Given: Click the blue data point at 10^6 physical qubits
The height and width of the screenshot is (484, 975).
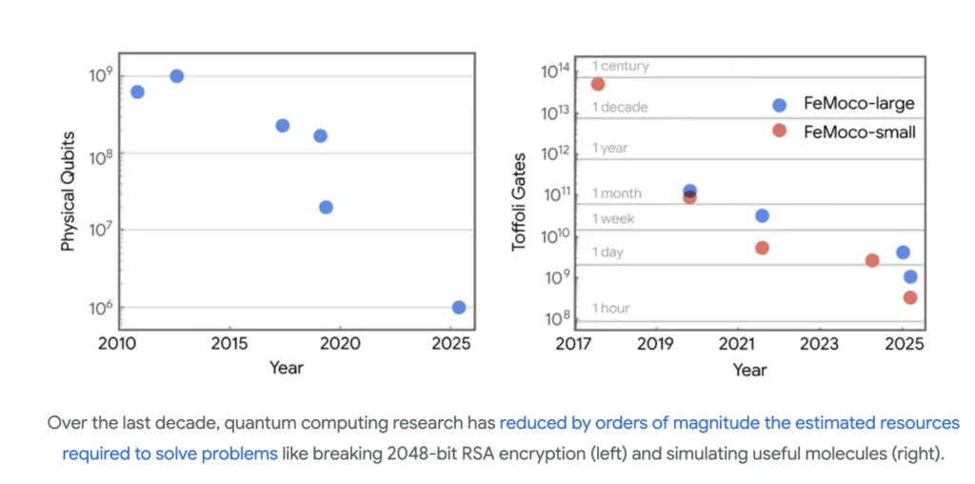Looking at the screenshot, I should (459, 307).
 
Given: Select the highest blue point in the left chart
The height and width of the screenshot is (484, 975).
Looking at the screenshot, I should (176, 76).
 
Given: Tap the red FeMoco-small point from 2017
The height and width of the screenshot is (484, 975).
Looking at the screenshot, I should (598, 84).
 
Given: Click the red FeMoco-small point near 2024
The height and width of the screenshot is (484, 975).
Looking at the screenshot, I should (872, 260).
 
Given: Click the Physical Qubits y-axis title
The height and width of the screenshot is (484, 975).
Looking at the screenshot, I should (69, 192).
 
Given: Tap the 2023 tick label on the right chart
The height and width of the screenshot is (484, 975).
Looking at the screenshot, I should (819, 343).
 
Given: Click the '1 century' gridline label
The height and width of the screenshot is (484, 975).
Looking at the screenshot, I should (620, 66).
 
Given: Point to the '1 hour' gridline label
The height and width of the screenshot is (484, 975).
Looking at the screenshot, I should (611, 308).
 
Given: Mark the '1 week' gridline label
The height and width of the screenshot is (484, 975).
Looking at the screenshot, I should (613, 218).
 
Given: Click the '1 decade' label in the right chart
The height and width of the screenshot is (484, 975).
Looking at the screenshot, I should (620, 107).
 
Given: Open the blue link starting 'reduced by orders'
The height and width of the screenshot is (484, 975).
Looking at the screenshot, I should (729, 422).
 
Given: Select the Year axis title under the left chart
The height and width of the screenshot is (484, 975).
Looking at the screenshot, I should (286, 367).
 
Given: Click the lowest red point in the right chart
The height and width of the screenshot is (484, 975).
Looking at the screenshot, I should (910, 297).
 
